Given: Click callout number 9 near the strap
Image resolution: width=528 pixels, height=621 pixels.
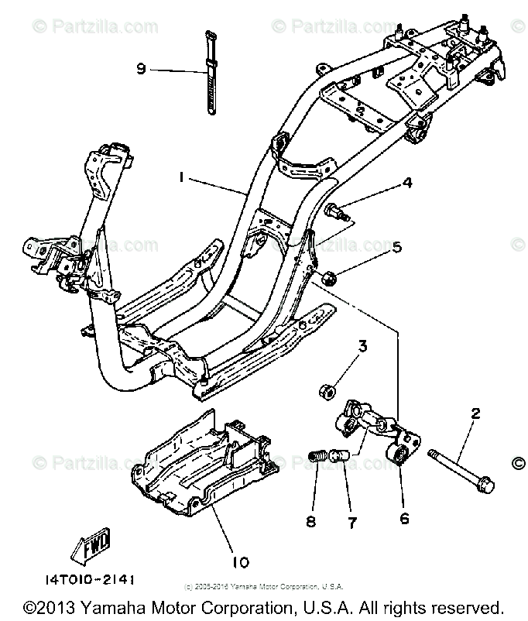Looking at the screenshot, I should coord(141,69).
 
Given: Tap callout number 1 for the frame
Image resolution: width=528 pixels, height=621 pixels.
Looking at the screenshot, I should coord(180,177).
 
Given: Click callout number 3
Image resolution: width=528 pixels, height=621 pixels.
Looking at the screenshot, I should coord(361,345).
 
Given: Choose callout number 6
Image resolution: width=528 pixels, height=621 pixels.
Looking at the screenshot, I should coord(403,520).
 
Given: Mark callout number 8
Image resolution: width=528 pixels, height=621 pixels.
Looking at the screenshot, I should coord(311,523).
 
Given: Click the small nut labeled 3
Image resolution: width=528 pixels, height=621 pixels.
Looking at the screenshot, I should coord(326,389).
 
